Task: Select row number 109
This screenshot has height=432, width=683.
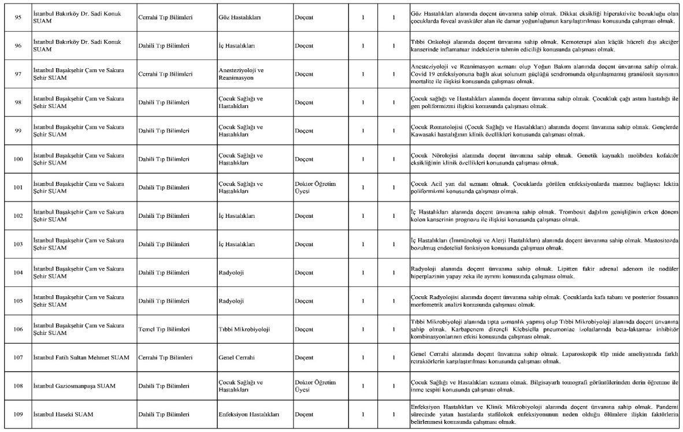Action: point(17,414)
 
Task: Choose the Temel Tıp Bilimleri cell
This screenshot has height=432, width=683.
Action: point(165,329)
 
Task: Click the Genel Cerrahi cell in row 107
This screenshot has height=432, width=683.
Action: point(237,357)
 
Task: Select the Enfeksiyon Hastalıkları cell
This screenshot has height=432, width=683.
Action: point(249,414)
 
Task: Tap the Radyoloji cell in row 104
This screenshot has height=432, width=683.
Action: point(232,273)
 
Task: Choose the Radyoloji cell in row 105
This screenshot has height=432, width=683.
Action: point(232,301)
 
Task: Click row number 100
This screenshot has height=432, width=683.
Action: point(17,159)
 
